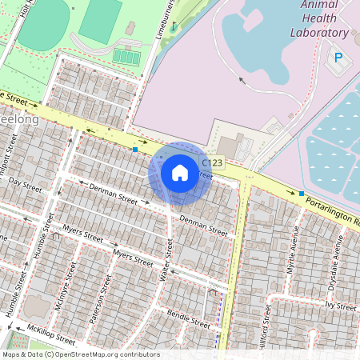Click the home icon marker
coord(180,172)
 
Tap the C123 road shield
coord(211,162)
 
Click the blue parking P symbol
coord(338,58)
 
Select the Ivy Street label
coord(340,306)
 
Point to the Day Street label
coord(24,183)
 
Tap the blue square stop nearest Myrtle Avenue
coord(301,194)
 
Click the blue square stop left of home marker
coord(135,149)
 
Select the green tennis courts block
coord(126,57)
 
